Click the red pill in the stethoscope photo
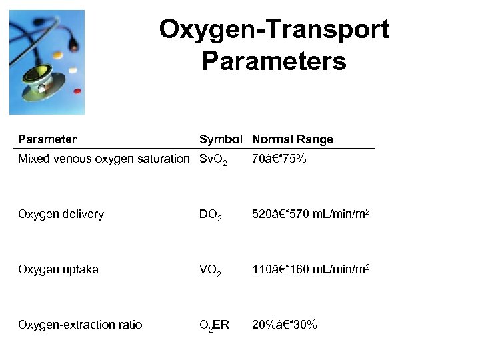click(77, 91)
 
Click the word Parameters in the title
click(273, 61)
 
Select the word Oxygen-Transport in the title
click(274, 30)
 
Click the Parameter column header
click(47, 139)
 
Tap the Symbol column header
click(221, 139)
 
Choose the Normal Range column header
click(292, 139)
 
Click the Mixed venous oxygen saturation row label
click(104, 159)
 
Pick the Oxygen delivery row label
click(61, 214)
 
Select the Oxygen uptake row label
click(58, 269)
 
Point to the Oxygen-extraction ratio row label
click(80, 325)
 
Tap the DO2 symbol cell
click(212, 215)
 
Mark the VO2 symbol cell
click(212, 271)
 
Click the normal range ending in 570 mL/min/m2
click(311, 214)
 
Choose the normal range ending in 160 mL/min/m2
click(311, 269)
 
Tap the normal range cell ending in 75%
click(279, 159)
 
